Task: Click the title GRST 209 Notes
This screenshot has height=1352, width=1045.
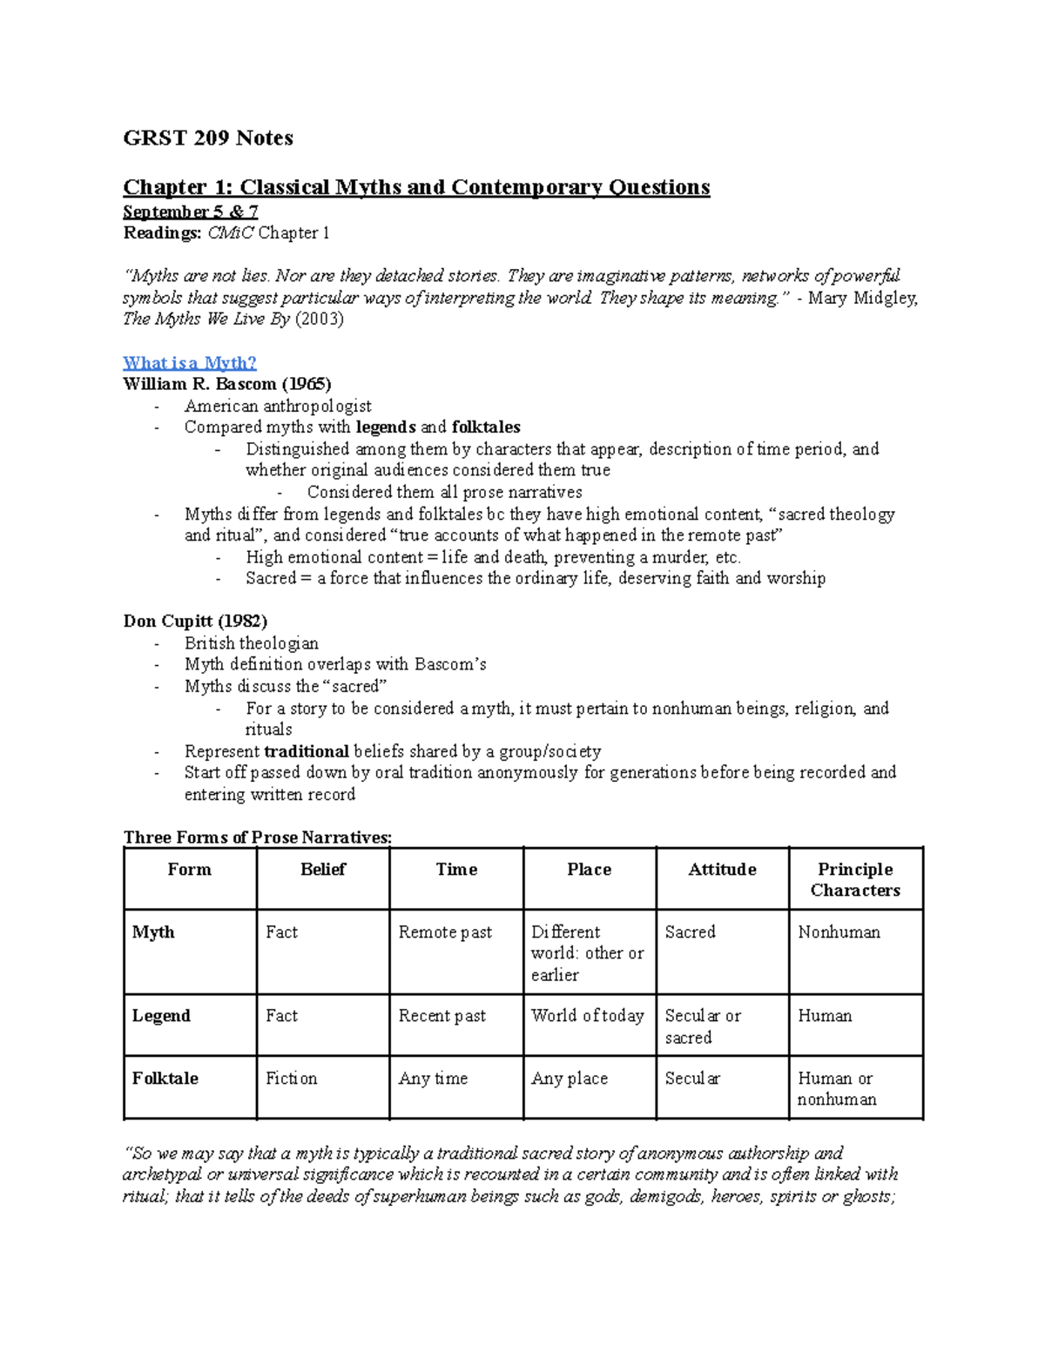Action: [x=208, y=138]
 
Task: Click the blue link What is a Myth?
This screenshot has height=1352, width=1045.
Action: [x=190, y=363]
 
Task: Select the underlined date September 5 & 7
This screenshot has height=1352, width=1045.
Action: [x=191, y=212]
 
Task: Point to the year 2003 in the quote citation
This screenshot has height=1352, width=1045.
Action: [x=320, y=319]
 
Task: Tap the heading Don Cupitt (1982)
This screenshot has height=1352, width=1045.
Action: [x=195, y=621]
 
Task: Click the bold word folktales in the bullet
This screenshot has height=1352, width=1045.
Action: [x=486, y=427]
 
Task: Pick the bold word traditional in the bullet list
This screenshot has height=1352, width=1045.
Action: [x=307, y=750]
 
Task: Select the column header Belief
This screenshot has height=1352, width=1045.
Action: [x=323, y=869]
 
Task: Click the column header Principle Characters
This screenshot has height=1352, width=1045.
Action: [x=855, y=879]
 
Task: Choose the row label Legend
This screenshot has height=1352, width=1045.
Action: [x=161, y=1015]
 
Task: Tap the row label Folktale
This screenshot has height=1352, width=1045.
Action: [x=165, y=1078]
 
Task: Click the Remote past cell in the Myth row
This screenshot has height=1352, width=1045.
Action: [x=445, y=932]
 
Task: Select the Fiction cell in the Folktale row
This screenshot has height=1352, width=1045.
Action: [x=292, y=1078]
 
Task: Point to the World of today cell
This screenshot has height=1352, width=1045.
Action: [x=588, y=1015]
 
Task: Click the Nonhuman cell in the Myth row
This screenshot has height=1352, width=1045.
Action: [x=839, y=932]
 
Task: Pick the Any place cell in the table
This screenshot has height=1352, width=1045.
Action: [x=570, y=1078]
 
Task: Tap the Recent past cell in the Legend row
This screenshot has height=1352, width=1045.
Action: [x=442, y=1015]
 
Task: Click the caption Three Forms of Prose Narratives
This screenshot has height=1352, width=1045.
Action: [x=258, y=837]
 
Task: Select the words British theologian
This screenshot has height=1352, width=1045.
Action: [x=252, y=642]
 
